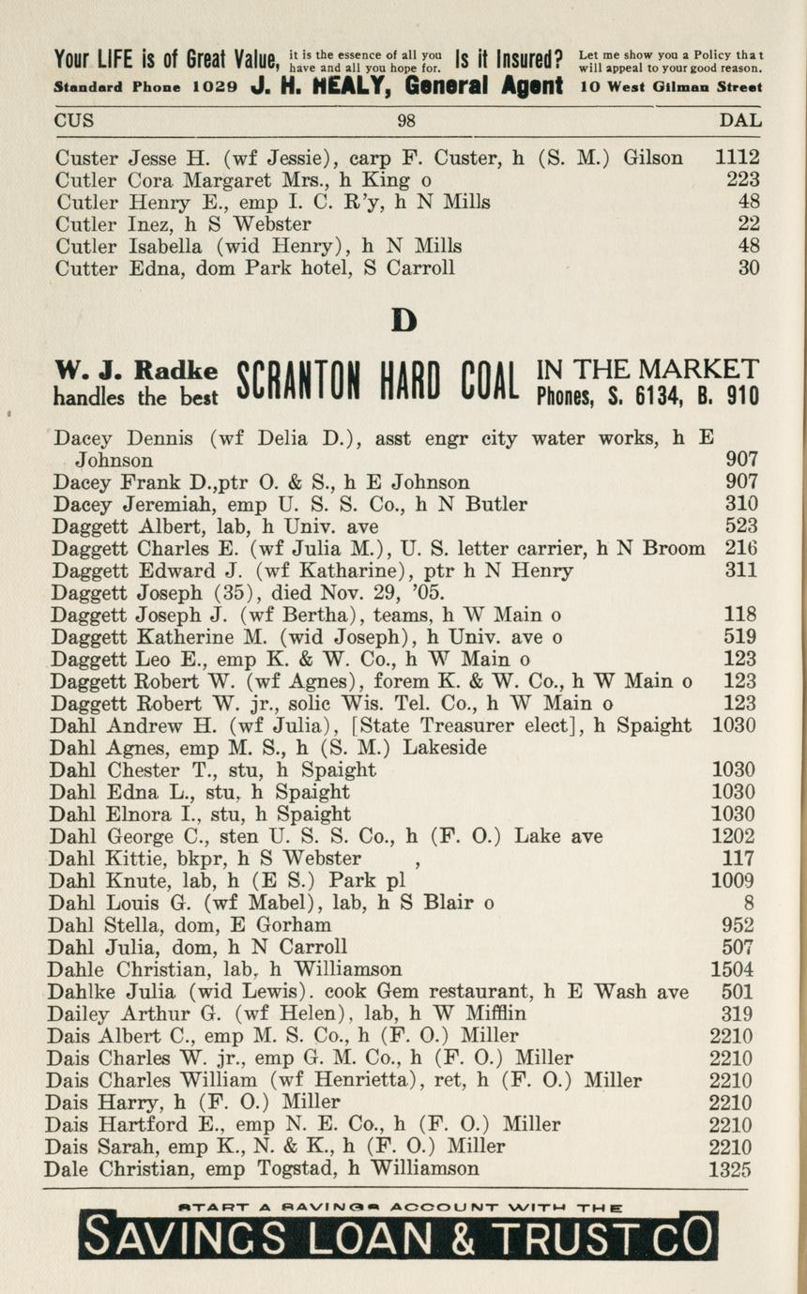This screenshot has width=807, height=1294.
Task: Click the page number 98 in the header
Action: pyautogui.click(x=405, y=121)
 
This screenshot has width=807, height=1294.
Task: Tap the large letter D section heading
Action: pyautogui.click(x=403, y=321)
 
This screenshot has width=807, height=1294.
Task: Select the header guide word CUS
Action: pyautogui.click(x=74, y=121)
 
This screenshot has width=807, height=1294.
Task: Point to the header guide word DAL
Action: pyautogui.click(x=739, y=121)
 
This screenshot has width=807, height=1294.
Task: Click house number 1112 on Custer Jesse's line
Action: pyautogui.click(x=737, y=158)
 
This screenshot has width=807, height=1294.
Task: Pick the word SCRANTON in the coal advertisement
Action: pyautogui.click(x=300, y=382)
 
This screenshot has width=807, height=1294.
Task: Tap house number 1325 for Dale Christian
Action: pyautogui.click(x=731, y=1169)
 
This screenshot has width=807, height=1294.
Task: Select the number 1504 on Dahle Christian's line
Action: pyautogui.click(x=732, y=969)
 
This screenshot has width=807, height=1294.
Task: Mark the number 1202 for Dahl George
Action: pyautogui.click(x=732, y=836)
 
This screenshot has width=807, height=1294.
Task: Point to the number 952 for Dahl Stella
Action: pyautogui.click(x=738, y=925)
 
